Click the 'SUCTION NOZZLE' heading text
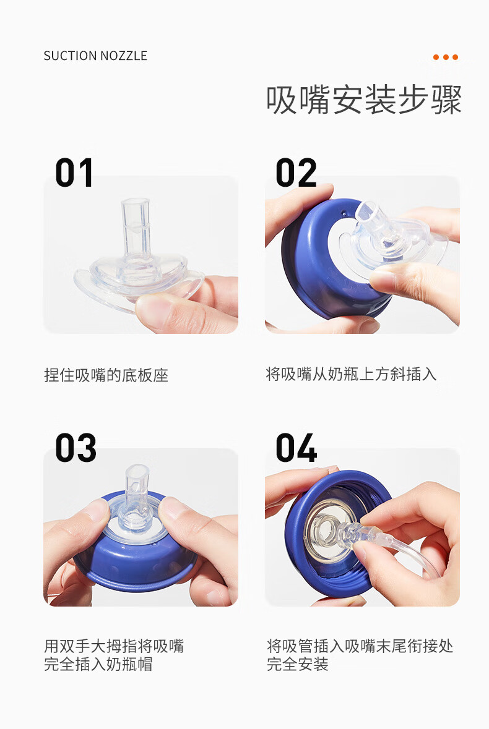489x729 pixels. click(x=95, y=56)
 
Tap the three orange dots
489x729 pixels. click(x=445, y=57)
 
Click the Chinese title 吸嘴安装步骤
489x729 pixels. click(x=363, y=100)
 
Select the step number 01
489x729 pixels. click(x=74, y=173)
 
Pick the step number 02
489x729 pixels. click(x=296, y=173)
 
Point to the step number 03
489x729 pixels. click(x=76, y=448)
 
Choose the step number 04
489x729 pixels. click(x=296, y=448)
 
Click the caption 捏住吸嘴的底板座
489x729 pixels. click(x=106, y=375)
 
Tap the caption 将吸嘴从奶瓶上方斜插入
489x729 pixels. click(x=352, y=374)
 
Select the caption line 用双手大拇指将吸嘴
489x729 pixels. click(x=114, y=646)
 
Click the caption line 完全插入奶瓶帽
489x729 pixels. click(x=98, y=664)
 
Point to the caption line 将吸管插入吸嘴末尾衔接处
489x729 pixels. click(x=360, y=646)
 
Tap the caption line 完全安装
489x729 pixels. click(x=298, y=664)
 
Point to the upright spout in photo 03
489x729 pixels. click(x=137, y=490)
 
